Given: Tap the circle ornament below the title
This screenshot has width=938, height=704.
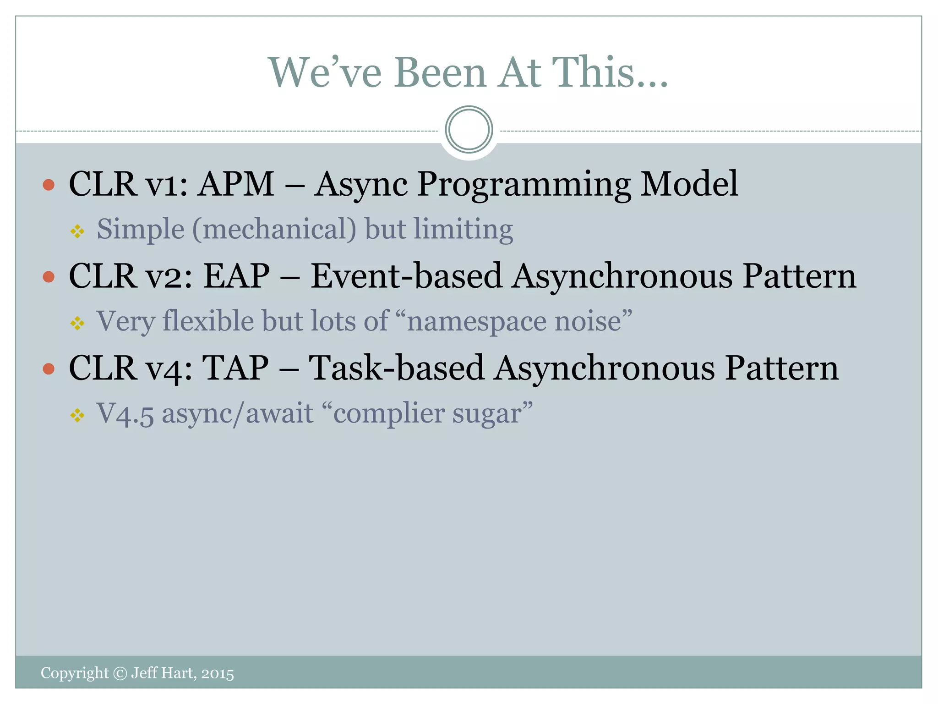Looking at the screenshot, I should (x=469, y=130).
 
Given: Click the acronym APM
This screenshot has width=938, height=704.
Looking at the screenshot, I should (x=236, y=184).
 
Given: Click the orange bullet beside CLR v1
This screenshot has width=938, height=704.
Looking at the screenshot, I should (x=49, y=185).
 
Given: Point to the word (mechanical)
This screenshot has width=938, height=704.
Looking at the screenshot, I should (x=274, y=229).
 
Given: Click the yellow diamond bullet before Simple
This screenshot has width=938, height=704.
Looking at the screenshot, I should (x=77, y=231).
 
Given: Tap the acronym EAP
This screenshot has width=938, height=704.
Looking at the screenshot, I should (x=236, y=276).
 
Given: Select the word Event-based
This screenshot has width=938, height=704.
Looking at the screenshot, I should (x=406, y=276).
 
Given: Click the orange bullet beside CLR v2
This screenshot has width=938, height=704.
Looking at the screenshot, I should (x=49, y=277).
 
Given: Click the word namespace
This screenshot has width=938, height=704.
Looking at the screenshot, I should (x=476, y=322).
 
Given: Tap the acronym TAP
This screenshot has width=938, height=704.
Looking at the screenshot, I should (x=235, y=368).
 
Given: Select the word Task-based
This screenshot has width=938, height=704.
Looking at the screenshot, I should (x=396, y=368).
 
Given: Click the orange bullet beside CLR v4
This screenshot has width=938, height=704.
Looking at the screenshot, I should (x=49, y=369).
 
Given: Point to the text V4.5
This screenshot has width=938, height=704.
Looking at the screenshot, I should (x=125, y=414).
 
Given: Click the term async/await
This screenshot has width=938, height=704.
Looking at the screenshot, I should (x=238, y=414).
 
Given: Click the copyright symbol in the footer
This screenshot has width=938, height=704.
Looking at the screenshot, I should (x=120, y=673).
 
